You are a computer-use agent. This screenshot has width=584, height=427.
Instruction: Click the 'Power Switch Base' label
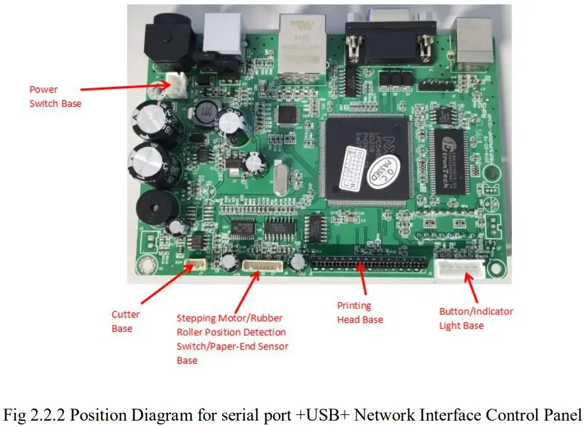[55, 96]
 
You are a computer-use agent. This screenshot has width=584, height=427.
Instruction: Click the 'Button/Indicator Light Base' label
[475, 318]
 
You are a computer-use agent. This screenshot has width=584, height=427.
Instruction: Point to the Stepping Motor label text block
[232, 339]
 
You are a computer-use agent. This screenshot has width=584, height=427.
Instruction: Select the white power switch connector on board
[174, 85]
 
